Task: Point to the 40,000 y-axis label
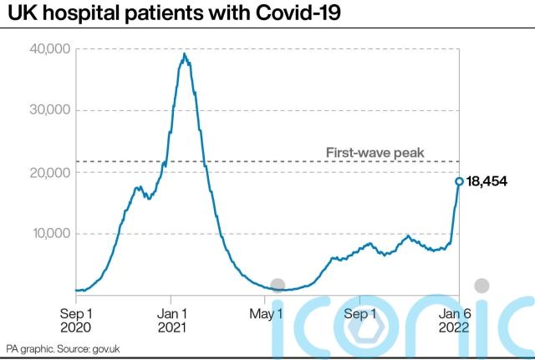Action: pos(49,48)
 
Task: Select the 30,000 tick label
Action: pos(49,110)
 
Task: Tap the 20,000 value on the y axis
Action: pos(49,172)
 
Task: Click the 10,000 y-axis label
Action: pos(49,233)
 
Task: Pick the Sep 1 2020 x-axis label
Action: pos(76,321)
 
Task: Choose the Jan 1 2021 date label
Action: pos(171,321)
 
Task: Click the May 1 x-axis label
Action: pos(266,314)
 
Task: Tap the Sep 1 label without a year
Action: pos(361,314)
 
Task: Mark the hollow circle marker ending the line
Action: pos(459,181)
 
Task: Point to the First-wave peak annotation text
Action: pos(374,152)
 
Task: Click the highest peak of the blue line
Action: pos(185,54)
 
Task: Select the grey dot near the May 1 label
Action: pos(278,286)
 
